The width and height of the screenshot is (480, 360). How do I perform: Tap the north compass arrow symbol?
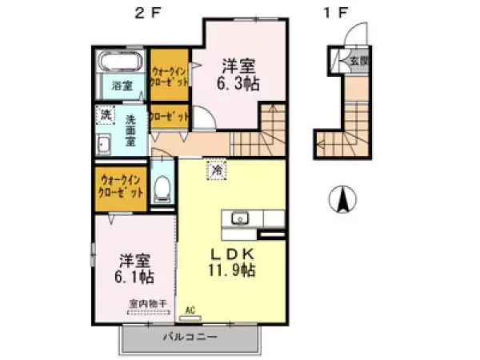point(342,198)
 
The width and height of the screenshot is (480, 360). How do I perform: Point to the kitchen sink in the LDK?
point(239,218)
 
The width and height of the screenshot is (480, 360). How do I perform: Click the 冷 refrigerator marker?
point(218,169)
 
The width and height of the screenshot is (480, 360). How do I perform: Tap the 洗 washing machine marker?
point(106,115)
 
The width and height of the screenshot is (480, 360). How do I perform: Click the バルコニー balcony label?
point(190,337)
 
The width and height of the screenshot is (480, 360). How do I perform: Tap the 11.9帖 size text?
point(233,270)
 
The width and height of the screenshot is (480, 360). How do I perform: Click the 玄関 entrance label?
point(357,61)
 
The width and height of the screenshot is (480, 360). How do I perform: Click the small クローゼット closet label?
point(169,116)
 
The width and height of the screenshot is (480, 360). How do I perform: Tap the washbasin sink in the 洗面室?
point(105,146)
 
